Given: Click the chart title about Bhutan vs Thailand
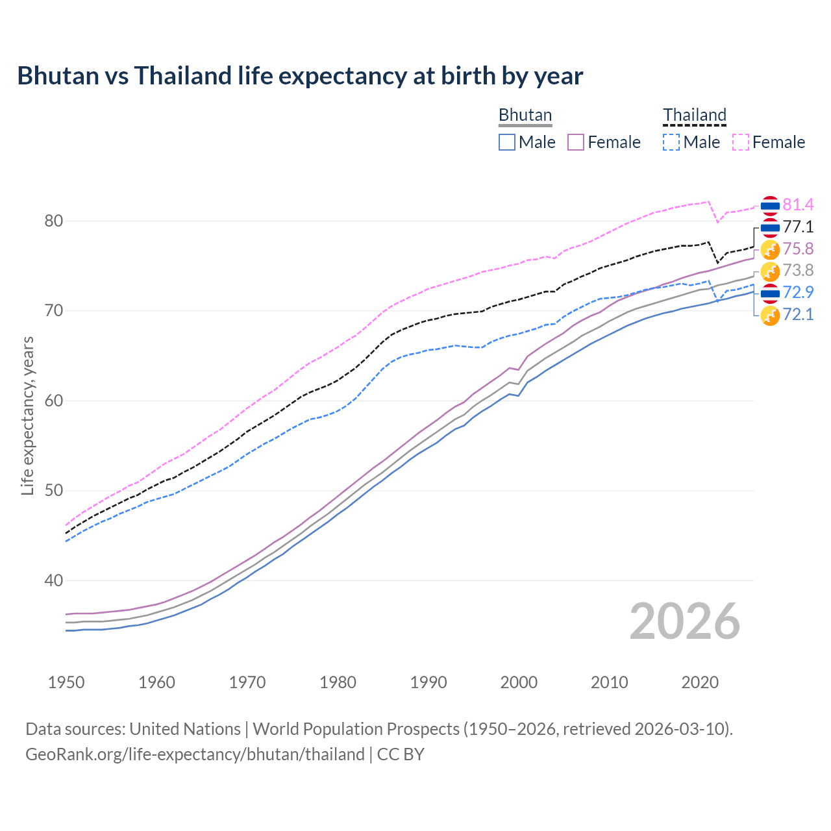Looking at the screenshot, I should tap(300, 76).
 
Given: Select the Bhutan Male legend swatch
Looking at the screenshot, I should tap(507, 142).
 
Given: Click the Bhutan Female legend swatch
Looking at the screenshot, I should tap(576, 142).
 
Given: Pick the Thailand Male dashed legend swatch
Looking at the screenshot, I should tap(671, 142).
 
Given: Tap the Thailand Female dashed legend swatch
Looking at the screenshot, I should tap(741, 142).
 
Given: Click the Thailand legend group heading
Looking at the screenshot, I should tap(694, 115).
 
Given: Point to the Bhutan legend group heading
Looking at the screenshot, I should tap(525, 115).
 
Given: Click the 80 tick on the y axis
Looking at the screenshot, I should tap(53, 221).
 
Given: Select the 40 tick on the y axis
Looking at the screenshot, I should tap(53, 580).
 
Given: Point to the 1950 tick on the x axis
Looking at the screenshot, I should tap(66, 682).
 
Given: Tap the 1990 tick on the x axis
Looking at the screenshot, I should tap(428, 682).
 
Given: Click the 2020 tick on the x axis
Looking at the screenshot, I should tap(700, 682).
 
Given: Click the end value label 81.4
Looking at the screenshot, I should tap(798, 205).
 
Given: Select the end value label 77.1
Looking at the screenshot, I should tap(798, 227).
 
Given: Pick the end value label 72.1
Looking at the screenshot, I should tap(798, 315).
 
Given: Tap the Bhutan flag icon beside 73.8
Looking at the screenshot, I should tap(770, 271).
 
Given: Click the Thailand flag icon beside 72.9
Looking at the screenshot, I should tap(770, 293).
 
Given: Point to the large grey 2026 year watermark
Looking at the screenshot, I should tap(684, 621).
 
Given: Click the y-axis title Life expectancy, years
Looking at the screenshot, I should tap(27, 415).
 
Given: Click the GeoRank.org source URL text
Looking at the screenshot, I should tap(195, 754).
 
